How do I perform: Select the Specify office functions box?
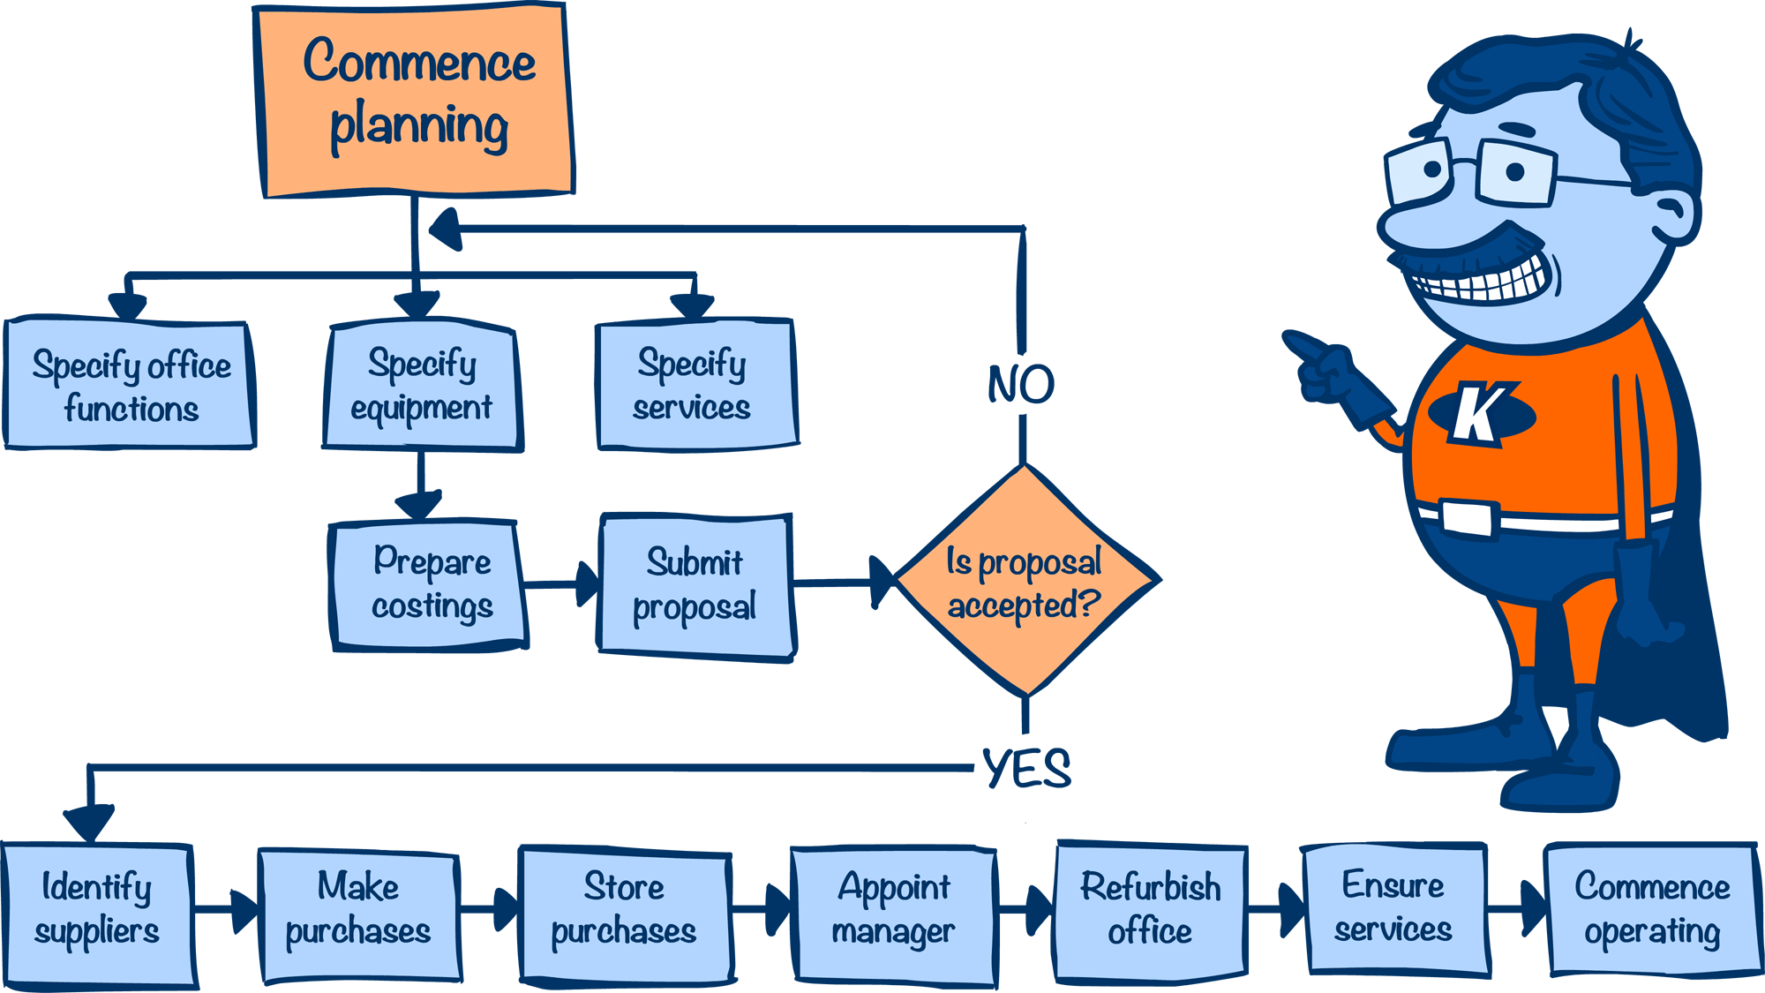pyautogui.click(x=130, y=386)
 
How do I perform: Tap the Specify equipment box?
pyautogui.click(x=422, y=387)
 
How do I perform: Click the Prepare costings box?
pyautogui.click(x=429, y=585)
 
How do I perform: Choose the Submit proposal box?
pyautogui.click(x=695, y=585)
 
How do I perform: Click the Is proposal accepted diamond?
pyautogui.click(x=1025, y=582)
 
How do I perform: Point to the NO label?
pyautogui.click(x=1021, y=385)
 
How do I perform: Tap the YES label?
pyautogui.click(x=1026, y=768)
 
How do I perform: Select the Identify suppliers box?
pyautogui.click(x=97, y=914)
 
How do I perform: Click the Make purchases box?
pyautogui.click(x=359, y=914)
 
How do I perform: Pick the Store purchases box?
pyautogui.click(x=625, y=914)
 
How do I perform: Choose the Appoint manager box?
pyautogui.click(x=894, y=914)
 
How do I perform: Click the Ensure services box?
pyautogui.click(x=1394, y=909)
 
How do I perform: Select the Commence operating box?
pyautogui.click(x=1653, y=909)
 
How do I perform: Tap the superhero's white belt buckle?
pyautogui.click(x=1468, y=517)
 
